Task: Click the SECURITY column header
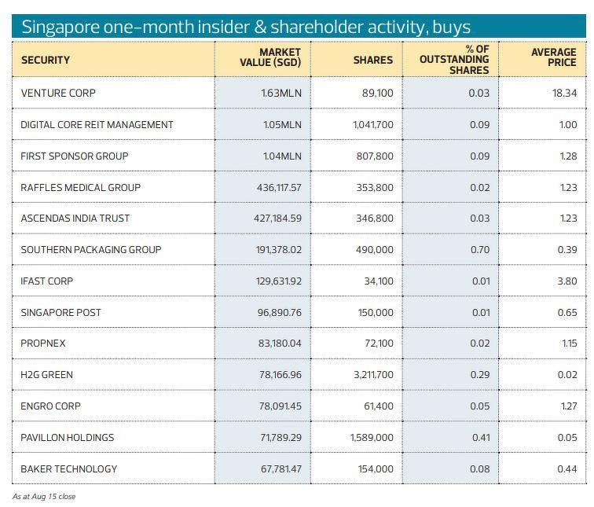46,60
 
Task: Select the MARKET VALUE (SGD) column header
270,57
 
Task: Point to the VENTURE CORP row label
58,93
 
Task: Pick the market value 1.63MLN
281,93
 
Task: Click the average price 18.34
564,93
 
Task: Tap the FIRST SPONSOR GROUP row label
74,156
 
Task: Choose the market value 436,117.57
277,187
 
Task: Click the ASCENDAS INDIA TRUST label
75,218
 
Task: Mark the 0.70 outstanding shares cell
478,249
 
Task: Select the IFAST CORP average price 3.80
566,281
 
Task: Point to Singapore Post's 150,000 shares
375,312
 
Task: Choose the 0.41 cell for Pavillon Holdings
481,437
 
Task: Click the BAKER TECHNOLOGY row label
69,468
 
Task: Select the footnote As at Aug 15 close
44,496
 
